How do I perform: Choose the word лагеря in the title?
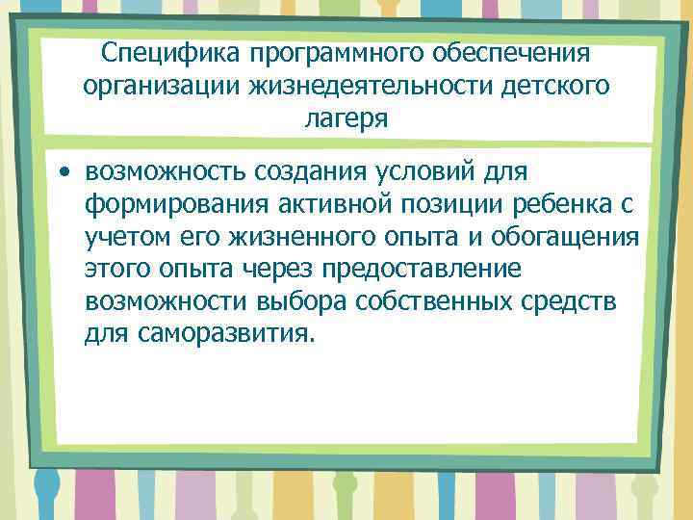click(x=346, y=119)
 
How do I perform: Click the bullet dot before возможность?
click(x=64, y=173)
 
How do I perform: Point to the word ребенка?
click(x=583, y=205)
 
